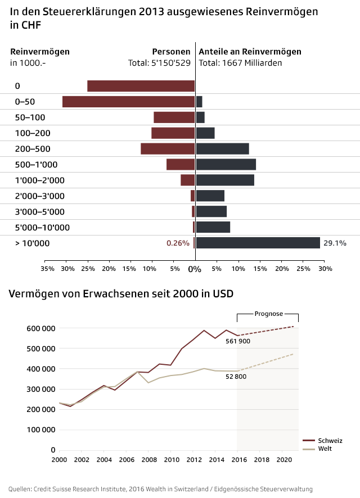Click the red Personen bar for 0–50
[128, 102]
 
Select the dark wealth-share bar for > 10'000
[258, 243]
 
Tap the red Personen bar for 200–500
[168, 149]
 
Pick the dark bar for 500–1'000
[226, 165]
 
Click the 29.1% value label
[335, 243]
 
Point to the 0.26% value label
[178, 243]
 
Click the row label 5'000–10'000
[42, 228]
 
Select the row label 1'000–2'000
[39, 180]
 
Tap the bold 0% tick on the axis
[195, 269]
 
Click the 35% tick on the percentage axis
[48, 269]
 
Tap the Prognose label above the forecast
[268, 314]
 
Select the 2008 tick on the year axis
[148, 460]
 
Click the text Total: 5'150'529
[159, 63]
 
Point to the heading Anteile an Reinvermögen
[250, 52]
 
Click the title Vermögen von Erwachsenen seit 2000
[121, 294]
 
